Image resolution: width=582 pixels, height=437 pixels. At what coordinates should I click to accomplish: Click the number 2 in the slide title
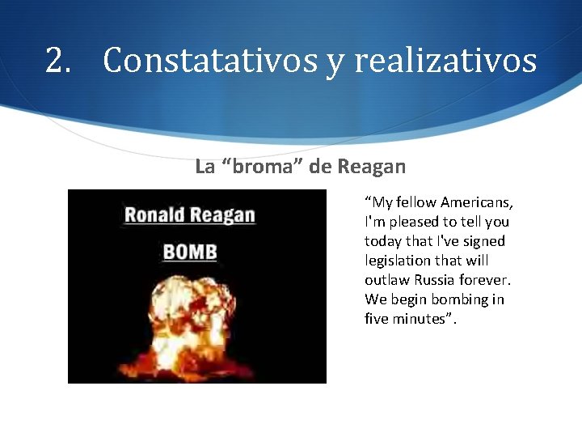tap(57, 61)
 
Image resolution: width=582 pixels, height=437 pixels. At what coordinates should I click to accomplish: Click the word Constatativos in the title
tap(209, 61)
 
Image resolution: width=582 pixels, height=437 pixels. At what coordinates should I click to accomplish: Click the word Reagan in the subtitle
tap(372, 167)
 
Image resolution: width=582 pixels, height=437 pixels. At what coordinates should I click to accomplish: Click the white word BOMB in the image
tap(190, 252)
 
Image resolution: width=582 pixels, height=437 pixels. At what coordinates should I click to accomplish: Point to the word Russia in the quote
tap(435, 280)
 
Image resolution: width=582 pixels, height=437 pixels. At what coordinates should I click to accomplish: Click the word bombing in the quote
tap(460, 299)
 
